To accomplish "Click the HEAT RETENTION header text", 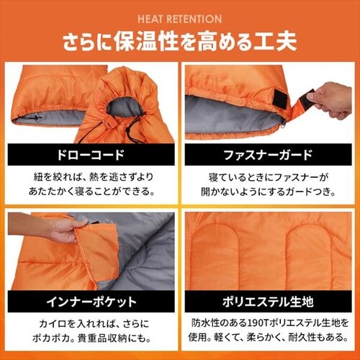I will coord(180,19).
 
